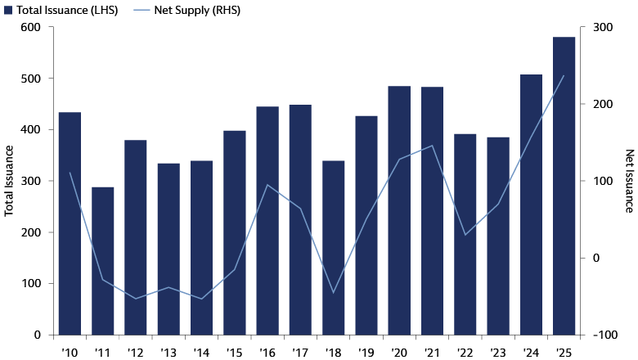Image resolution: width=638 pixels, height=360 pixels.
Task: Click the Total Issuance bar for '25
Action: coord(564,186)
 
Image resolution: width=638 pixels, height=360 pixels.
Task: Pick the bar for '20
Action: coord(399,210)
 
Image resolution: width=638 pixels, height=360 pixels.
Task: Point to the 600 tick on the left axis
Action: coord(31,27)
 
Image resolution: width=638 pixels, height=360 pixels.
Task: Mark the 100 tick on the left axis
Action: coord(31,284)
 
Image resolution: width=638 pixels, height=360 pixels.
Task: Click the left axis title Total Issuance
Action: coord(10,181)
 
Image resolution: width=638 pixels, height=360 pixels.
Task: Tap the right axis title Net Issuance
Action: coord(629,181)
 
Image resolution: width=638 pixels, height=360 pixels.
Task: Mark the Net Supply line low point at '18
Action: coord(333,292)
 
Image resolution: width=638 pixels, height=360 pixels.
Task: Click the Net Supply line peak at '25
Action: coord(564,76)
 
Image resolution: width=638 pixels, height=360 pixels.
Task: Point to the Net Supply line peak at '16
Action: coord(267,185)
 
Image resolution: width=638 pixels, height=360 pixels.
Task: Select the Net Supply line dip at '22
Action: coord(465,235)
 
